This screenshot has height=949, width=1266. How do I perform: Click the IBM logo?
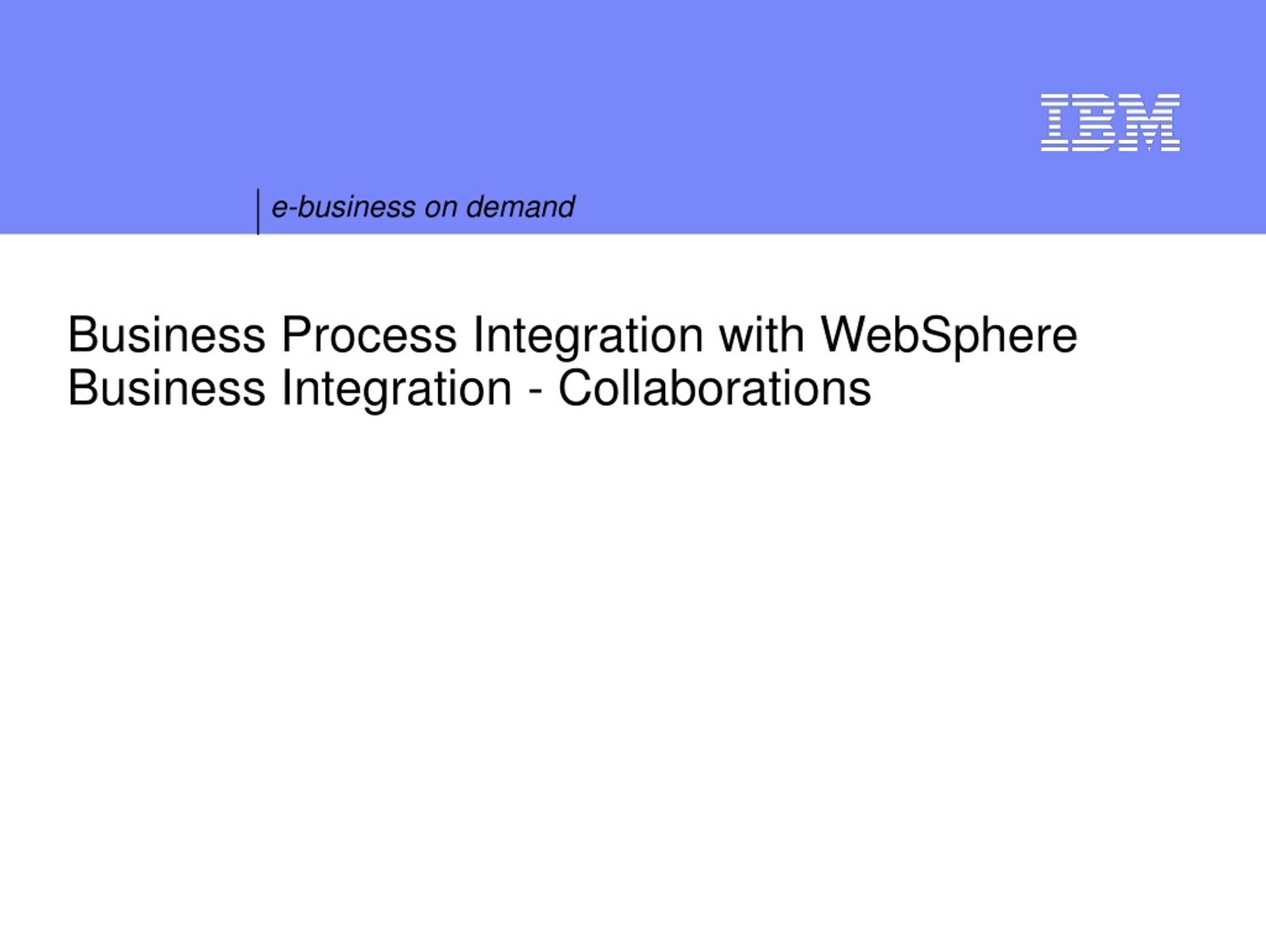pos(1110,123)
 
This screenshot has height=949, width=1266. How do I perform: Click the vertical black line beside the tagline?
pos(258,212)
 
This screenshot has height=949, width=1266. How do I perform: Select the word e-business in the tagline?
pos(343,207)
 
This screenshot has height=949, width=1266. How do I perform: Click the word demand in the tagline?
pos(520,207)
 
